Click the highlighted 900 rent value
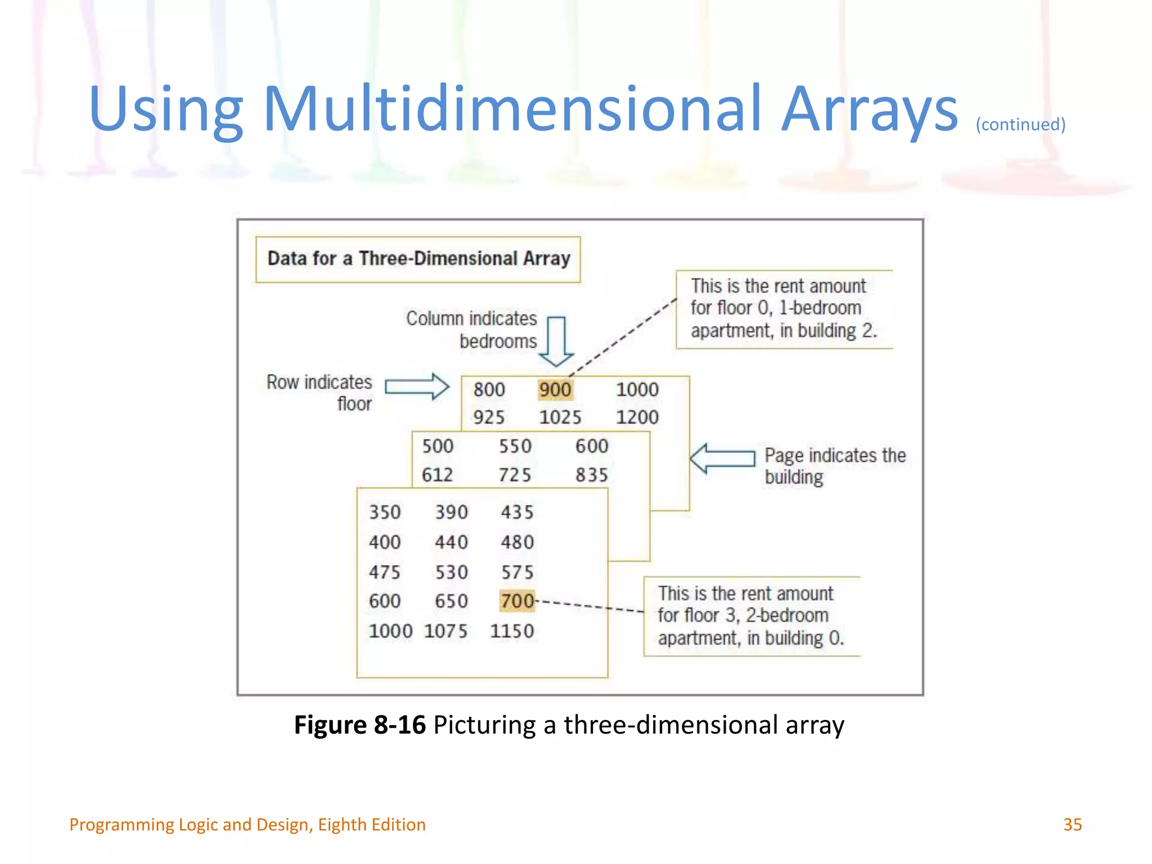[555, 389]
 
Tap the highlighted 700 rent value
[517, 601]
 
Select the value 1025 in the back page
[560, 417]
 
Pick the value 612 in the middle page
[437, 475]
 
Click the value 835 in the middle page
[591, 475]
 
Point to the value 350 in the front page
[385, 512]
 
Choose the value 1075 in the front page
[445, 631]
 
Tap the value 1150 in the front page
[511, 631]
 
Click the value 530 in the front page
[451, 573]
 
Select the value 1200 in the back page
[637, 417]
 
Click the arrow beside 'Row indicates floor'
[417, 386]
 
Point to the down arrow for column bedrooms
[556, 341]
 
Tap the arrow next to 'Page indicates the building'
[722, 458]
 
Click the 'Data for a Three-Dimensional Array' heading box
[418, 259]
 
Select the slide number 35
[1072, 825]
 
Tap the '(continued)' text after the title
[1020, 124]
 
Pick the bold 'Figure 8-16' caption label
[360, 724]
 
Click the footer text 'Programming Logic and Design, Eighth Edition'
[247, 825]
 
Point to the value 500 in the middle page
[438, 446]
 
